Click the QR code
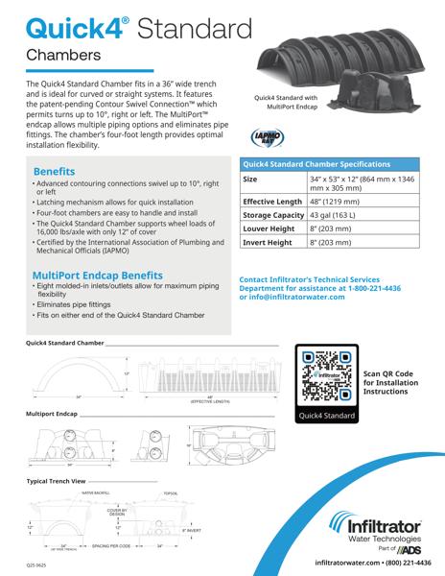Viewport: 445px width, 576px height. pos(330,375)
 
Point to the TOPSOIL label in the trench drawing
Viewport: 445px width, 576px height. pos(171,492)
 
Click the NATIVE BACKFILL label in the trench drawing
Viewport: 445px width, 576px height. pos(96,492)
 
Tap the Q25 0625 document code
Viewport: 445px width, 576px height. pos(36,565)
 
